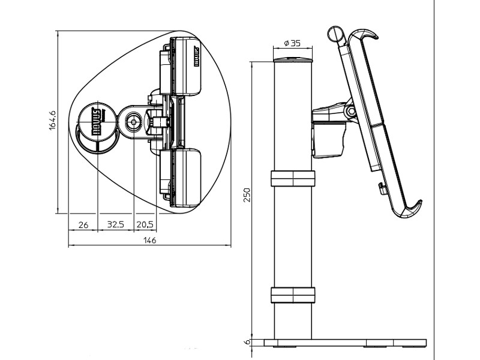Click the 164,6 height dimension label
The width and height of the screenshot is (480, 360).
(x=52, y=120)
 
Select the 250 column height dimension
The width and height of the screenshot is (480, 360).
(x=247, y=194)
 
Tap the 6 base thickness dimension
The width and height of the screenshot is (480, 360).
(x=246, y=343)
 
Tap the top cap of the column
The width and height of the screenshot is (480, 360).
(x=293, y=60)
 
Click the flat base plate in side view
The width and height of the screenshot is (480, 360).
(x=346, y=343)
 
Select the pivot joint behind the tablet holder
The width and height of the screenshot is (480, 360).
(x=349, y=111)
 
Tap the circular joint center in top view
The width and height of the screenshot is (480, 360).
(x=133, y=121)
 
